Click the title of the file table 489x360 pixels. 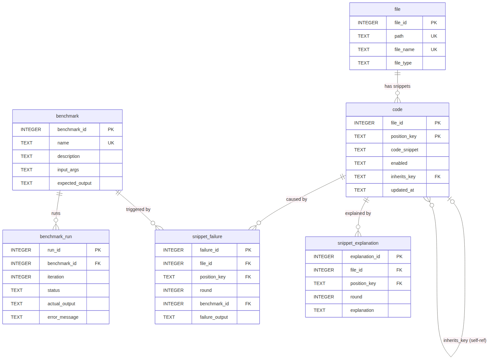[397, 9]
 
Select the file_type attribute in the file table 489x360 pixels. [403, 63]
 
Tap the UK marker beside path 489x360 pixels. [434, 36]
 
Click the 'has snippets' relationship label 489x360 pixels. [397, 86]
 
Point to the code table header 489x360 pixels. [397, 109]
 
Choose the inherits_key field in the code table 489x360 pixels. [403, 177]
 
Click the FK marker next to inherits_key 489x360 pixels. [438, 177]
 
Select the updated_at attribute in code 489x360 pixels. [402, 190]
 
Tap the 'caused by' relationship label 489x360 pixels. [297, 199]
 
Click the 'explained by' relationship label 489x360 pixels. [358, 213]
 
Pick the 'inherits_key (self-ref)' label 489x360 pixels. [465, 340]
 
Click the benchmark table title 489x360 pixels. [68, 116]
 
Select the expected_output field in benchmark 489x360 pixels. [74, 183]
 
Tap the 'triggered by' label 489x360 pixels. [138, 209]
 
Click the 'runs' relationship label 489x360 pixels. [56, 213]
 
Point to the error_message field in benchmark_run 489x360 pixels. [63, 317]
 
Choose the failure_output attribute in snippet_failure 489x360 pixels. [214, 317]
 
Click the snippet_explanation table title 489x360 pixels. [358, 243]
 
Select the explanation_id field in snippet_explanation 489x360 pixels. [365, 256]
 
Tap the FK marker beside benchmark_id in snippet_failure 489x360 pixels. [248, 304]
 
